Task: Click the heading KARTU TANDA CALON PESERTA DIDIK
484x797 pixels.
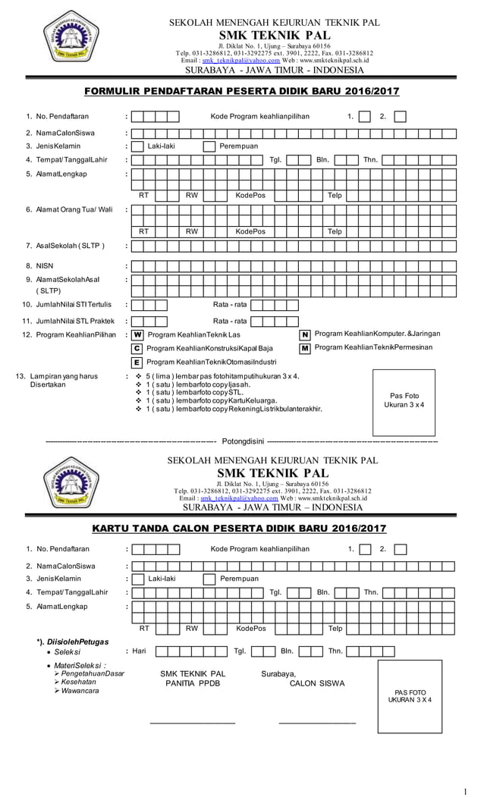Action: [x=238, y=528]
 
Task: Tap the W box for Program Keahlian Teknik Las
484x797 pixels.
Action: [x=137, y=334]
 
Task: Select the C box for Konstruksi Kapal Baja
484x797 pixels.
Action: [x=137, y=348]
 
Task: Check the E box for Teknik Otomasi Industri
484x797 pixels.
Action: [x=137, y=362]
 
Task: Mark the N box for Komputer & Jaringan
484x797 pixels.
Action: [x=305, y=334]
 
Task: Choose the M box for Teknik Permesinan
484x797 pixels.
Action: [x=305, y=348]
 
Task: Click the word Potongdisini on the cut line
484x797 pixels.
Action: [x=241, y=440]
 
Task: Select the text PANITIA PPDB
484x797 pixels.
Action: [x=193, y=683]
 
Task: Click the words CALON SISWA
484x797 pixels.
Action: [x=316, y=683]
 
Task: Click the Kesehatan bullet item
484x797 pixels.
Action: [x=79, y=682]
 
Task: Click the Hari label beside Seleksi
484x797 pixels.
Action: [x=139, y=651]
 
